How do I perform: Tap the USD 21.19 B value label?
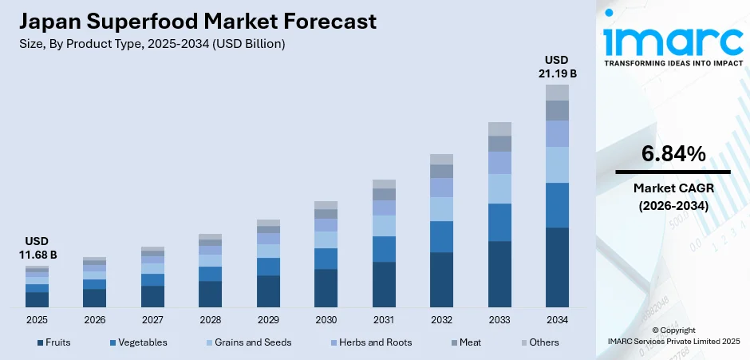tap(557, 67)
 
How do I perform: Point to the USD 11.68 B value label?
tap(37, 248)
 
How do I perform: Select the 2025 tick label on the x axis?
tap(37, 319)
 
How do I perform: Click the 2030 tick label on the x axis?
tap(326, 319)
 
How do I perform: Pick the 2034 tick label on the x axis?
tap(557, 319)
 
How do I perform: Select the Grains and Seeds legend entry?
tap(248, 342)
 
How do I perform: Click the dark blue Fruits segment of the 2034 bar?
tap(557, 267)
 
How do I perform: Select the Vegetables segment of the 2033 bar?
tap(499, 222)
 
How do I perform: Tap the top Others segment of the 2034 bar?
tap(557, 93)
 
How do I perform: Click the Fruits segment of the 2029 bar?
tap(268, 291)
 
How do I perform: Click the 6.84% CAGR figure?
tap(673, 154)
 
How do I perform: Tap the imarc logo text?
tap(673, 38)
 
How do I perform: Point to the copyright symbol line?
tap(673, 330)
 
